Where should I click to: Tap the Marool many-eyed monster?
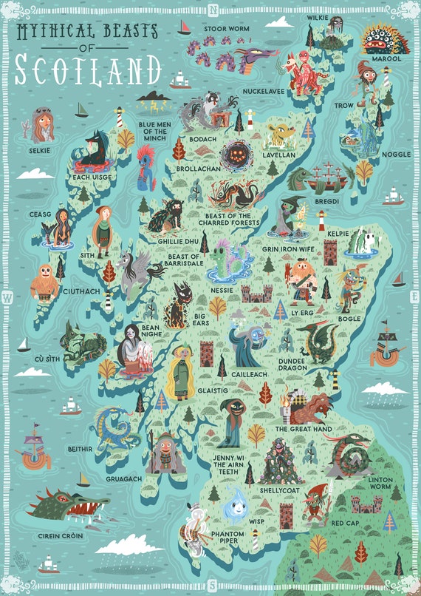[384, 36]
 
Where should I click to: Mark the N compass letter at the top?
[213, 10]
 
